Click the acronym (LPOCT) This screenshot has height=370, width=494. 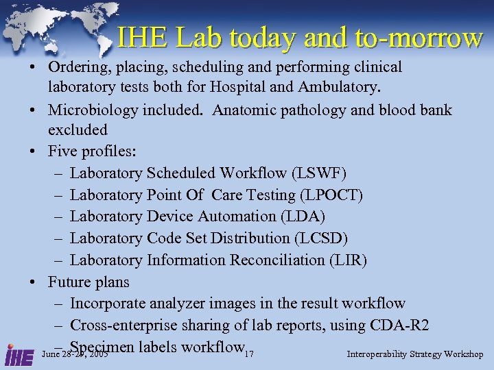pos(331,195)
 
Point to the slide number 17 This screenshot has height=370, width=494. pos(249,354)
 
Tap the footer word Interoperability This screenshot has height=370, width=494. pos(377,354)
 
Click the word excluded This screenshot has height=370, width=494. pos(78,130)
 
